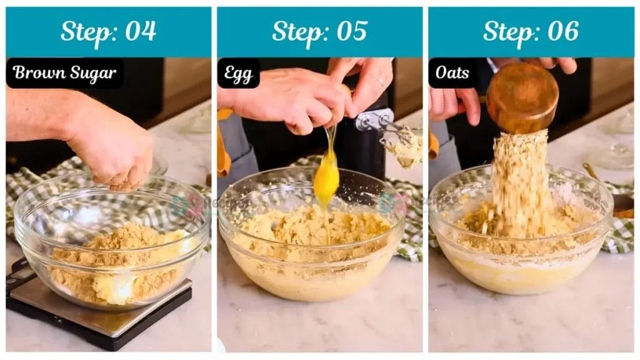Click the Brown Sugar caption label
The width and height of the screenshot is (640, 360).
(x=64, y=73)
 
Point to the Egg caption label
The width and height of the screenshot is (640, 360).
(x=238, y=74)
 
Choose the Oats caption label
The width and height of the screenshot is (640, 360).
(x=452, y=73)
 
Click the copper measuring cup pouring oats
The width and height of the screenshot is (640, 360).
(x=522, y=96)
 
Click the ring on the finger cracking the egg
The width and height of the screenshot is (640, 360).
(x=380, y=82)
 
